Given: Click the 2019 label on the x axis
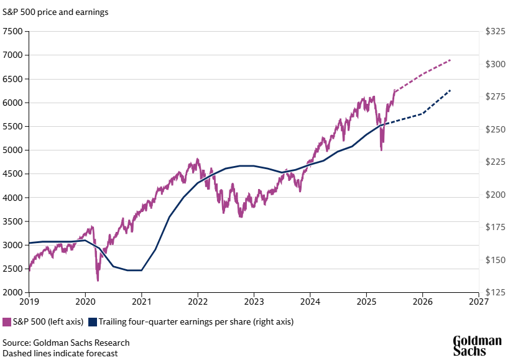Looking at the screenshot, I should pyautogui.click(x=29, y=303).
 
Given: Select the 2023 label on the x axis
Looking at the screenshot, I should pyautogui.click(x=254, y=303).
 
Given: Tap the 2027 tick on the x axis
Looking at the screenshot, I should pyautogui.click(x=478, y=303).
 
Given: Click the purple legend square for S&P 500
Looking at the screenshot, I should pyautogui.click(x=7, y=322).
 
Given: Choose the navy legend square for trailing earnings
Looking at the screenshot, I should pyautogui.click(x=93, y=322).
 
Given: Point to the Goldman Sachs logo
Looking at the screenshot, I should pyautogui.click(x=476, y=346).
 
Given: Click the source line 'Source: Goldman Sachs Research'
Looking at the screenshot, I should pyautogui.click(x=66, y=343).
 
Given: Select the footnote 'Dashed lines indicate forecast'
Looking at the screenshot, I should pyautogui.click(x=60, y=353).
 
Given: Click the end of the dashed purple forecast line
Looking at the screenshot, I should pyautogui.click(x=450, y=60).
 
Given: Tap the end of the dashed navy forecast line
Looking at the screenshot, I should pyautogui.click(x=450, y=91).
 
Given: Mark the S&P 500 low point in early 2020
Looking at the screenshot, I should pyautogui.click(x=98, y=280).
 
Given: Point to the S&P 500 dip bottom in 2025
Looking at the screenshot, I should pyautogui.click(x=381, y=150).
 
